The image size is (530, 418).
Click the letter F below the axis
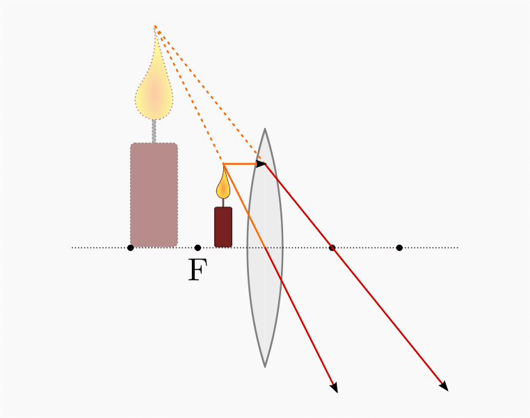(198, 269)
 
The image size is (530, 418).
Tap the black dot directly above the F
(198, 248)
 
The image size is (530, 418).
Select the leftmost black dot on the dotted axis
(131, 248)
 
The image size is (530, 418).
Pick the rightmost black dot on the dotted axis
(399, 248)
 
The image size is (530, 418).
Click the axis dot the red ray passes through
(332, 248)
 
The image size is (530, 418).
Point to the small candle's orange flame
(223, 184)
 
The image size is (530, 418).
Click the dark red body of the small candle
(223, 227)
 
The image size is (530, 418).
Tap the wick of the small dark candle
(223, 203)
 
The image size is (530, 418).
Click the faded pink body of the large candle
(154, 195)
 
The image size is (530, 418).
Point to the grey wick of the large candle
(154, 131)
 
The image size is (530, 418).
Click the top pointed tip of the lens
(265, 129)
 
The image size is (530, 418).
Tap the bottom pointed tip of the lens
(265, 367)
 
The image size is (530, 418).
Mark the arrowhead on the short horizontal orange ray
(262, 164)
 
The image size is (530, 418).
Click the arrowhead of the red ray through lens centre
(335, 388)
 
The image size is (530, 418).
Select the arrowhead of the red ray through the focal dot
(444, 386)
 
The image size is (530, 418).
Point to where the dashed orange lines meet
(155, 26)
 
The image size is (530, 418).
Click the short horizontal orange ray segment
(244, 164)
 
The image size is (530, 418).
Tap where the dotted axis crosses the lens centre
(265, 248)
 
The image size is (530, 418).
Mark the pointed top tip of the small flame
(223, 165)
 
